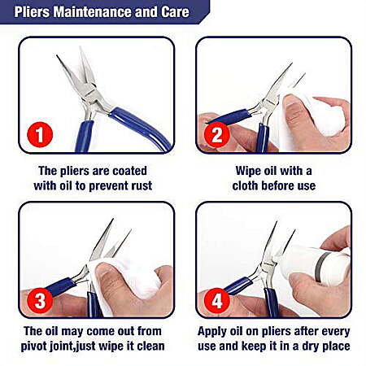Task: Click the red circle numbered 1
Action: tap(40, 135)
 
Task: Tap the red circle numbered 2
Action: tap(217, 135)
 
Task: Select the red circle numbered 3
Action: tap(40, 300)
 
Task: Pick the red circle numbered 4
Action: tap(217, 300)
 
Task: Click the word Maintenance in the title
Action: tap(92, 11)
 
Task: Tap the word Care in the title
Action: tap(175, 11)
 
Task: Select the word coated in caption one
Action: tap(129, 171)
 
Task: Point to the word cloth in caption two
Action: tap(244, 185)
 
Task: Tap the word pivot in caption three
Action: tap(34, 346)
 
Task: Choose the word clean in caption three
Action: tap(150, 346)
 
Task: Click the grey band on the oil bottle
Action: tap(322, 267)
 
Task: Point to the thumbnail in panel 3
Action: tap(105, 271)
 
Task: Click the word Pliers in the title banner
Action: tap(32, 11)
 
